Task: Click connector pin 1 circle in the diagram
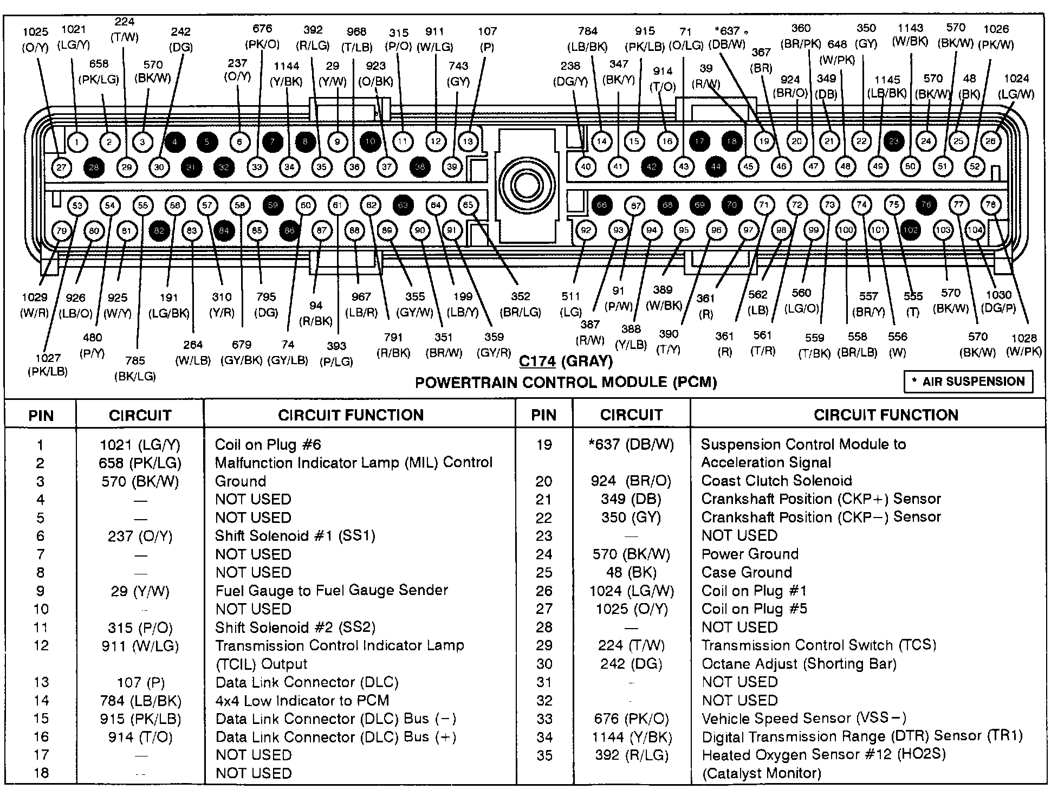click(77, 142)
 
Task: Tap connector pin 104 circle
click(975, 230)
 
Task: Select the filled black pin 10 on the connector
click(370, 141)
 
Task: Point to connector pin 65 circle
click(468, 205)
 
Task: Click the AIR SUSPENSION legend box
click(968, 381)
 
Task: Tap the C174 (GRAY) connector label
click(566, 361)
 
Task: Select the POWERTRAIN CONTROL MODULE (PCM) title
click(566, 383)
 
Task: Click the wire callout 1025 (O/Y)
click(35, 40)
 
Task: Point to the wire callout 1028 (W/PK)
click(1023, 345)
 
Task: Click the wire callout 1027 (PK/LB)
click(48, 365)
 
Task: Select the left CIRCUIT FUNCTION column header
click(351, 415)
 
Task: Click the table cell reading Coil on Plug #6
click(268, 445)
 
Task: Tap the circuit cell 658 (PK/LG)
click(140, 463)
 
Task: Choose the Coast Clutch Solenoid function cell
click(776, 481)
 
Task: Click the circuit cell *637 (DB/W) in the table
click(631, 444)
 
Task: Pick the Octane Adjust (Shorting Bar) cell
click(799, 664)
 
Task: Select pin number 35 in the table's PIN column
click(544, 755)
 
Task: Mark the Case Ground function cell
click(746, 572)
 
